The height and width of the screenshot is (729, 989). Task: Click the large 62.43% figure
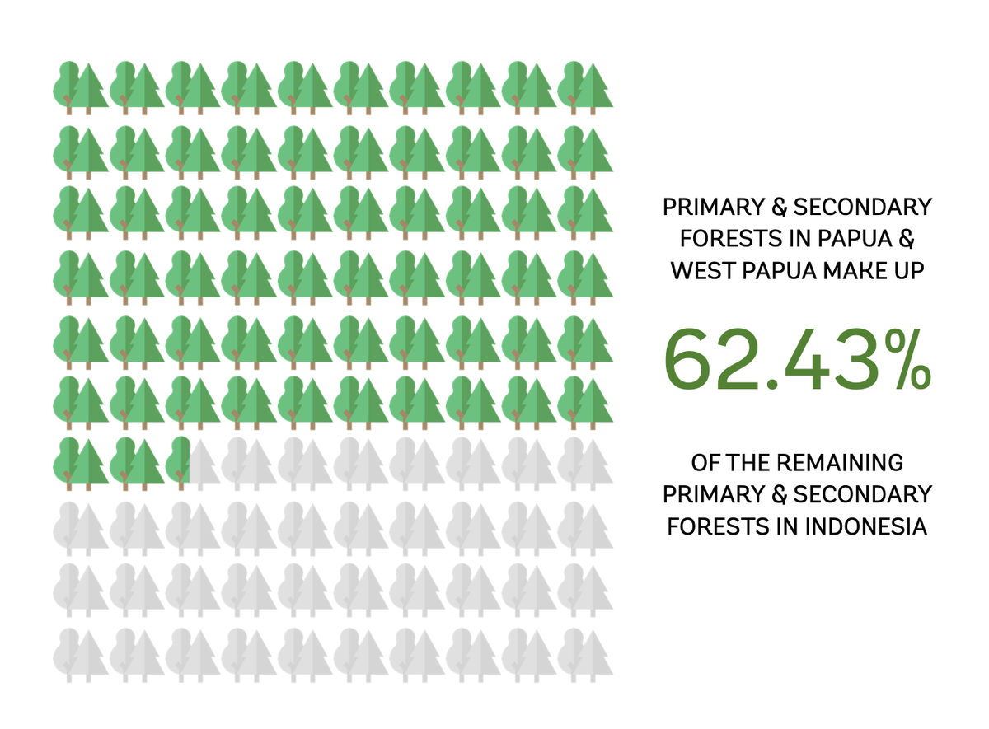[x=797, y=361]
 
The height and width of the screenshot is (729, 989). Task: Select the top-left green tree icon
[x=81, y=86]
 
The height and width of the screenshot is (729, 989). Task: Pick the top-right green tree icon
[x=585, y=86]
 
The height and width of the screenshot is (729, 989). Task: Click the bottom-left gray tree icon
[x=81, y=655]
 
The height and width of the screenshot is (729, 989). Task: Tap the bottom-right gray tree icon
[x=585, y=655]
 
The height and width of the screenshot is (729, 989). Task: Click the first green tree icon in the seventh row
[x=81, y=461]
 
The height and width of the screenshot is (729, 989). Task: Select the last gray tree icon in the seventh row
[x=585, y=461]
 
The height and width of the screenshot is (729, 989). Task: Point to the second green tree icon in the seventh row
[x=137, y=461]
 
